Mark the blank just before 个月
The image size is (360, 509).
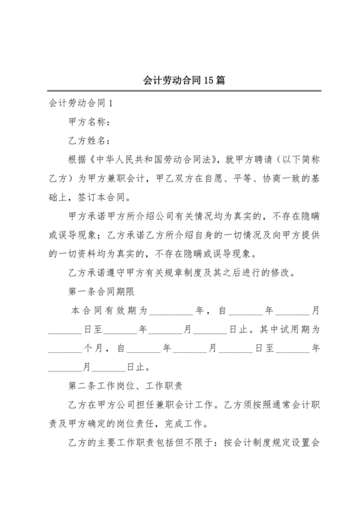[x=64, y=348]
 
